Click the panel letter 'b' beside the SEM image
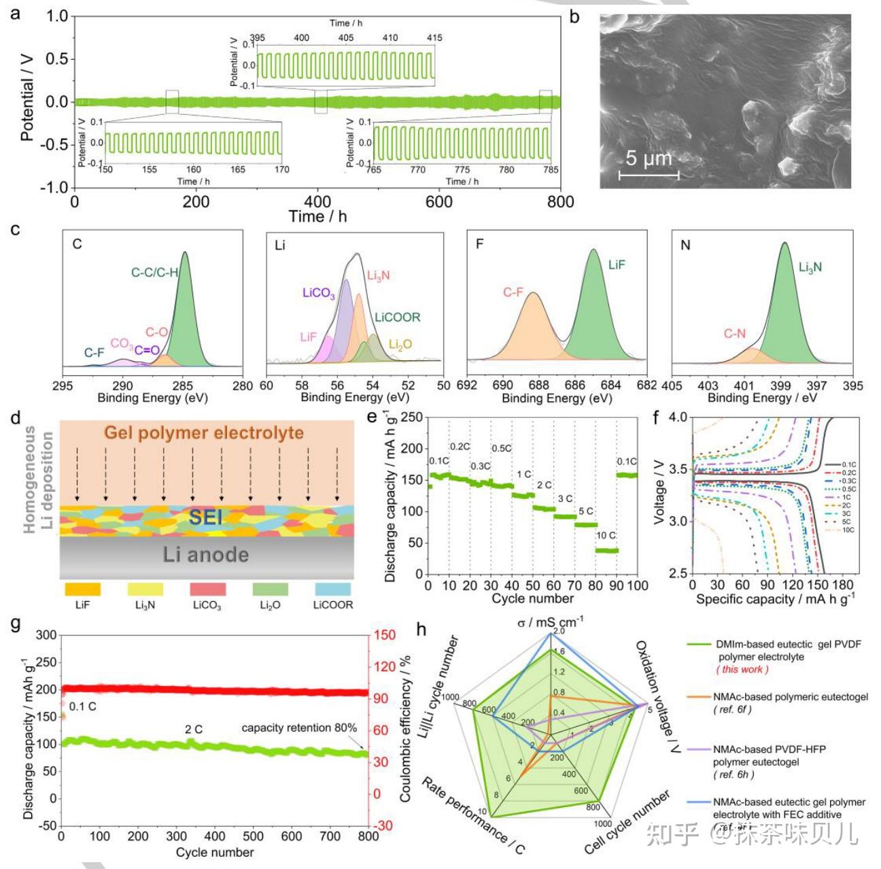[574, 16]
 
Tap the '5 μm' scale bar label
[648, 158]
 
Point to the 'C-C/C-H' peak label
[154, 273]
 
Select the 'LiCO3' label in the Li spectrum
[318, 293]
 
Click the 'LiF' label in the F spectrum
[616, 265]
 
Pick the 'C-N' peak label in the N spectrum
[734, 333]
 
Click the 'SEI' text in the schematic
[205, 517]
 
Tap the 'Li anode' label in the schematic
[205, 555]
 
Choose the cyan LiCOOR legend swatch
[332, 589]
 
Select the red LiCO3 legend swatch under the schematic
[207, 589]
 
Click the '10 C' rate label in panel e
[606, 536]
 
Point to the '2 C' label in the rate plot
[544, 485]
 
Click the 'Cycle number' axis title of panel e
[532, 599]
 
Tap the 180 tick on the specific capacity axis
[842, 585]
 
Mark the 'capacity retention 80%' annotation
[299, 728]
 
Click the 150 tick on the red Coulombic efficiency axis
[385, 635]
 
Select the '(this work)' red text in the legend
[742, 669]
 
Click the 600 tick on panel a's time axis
[438, 202]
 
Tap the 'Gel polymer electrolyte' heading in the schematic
[204, 432]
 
